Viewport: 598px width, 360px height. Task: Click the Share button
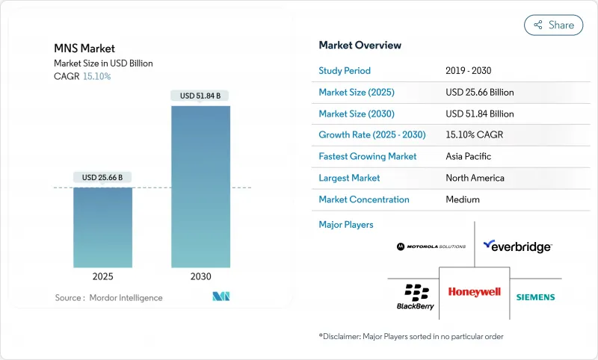point(553,25)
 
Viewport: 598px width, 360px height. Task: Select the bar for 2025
point(102,227)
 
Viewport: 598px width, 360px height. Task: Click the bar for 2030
point(200,187)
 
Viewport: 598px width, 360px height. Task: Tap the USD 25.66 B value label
point(102,177)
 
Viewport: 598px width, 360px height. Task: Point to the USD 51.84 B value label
point(200,96)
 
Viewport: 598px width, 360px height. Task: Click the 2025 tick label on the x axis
point(102,276)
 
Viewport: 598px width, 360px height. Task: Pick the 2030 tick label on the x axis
point(200,276)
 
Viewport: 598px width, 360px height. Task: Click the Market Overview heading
point(360,46)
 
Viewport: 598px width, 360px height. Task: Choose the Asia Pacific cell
point(469,157)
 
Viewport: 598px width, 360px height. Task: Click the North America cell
point(475,178)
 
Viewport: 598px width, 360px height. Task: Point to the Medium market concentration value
point(462,199)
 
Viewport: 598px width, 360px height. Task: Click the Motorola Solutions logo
point(431,246)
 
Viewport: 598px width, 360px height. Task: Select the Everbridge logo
point(517,246)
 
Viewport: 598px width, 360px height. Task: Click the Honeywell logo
point(474,292)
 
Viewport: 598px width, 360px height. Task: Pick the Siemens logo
point(535,297)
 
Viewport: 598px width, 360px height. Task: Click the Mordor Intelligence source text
point(108,298)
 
